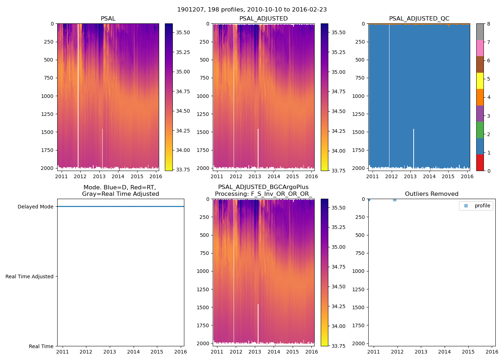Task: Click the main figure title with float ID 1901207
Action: (252, 10)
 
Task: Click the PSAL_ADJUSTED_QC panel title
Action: (419, 19)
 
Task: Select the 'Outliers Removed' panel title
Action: (431, 194)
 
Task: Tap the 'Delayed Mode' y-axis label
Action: (35, 207)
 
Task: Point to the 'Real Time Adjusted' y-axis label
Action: (30, 276)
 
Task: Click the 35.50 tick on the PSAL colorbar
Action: (183, 32)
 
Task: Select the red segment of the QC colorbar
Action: (480, 162)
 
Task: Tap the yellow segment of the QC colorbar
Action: (480, 81)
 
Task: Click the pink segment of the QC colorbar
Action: (480, 48)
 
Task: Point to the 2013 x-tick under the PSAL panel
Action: (99, 176)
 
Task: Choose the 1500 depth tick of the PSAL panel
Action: (47, 132)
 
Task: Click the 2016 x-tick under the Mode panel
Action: (180, 352)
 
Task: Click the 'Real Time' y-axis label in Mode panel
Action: (41, 346)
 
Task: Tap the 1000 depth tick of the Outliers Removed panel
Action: (358, 271)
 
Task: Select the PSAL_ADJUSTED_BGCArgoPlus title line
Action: (263, 187)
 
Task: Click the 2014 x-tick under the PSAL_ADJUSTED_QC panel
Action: (429, 176)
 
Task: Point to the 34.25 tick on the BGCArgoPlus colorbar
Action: (338, 306)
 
